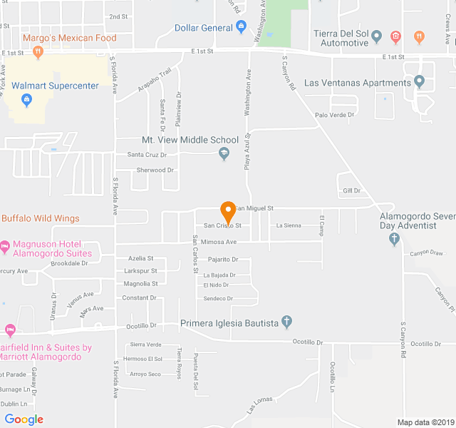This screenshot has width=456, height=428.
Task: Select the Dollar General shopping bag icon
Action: tap(242, 28)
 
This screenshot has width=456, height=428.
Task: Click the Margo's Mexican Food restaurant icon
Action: tap(38, 51)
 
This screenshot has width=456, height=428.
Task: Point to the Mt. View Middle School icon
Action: tap(224, 153)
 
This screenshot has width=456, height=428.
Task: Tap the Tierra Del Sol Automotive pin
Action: tap(377, 36)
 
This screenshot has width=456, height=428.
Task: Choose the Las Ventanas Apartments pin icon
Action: tap(419, 82)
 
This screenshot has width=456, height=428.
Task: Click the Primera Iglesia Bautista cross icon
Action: tap(286, 322)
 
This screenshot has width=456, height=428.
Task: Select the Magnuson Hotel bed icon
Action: tap(4, 248)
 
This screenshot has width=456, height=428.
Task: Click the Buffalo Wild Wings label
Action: tap(41, 218)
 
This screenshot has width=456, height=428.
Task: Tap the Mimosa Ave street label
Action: tap(219, 242)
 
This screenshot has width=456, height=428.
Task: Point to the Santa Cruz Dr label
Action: tap(147, 154)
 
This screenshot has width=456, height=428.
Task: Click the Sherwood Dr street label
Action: tap(155, 170)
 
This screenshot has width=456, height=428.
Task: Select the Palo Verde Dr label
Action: tap(335, 115)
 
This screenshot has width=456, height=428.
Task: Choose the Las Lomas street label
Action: tap(260, 405)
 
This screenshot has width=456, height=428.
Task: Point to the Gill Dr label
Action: tap(352, 190)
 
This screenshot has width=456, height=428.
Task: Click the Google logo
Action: tap(24, 419)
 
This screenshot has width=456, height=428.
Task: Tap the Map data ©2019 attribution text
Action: tap(424, 422)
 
